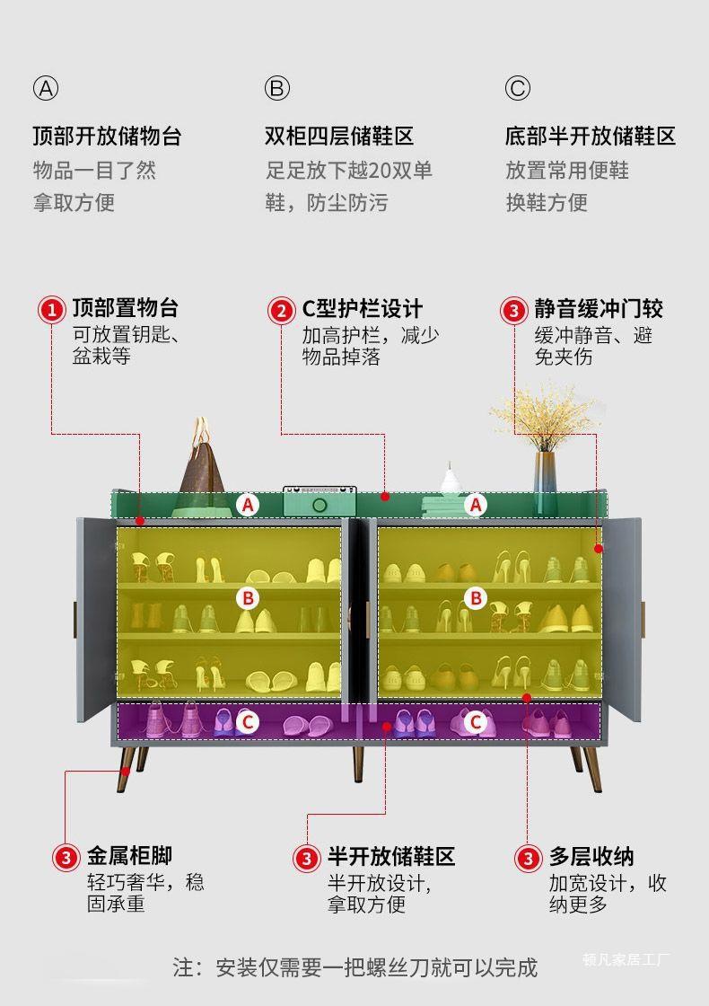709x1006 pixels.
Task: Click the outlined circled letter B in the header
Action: point(277,88)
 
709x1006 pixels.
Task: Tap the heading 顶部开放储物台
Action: point(108,137)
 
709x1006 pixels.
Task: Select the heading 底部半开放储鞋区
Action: point(590,137)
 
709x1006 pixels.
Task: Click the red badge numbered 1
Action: point(51,310)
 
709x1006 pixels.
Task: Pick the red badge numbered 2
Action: point(282,311)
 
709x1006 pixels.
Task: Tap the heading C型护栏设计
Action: point(362,309)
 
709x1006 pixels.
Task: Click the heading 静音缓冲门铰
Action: point(598,309)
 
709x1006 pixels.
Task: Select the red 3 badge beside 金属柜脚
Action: point(66,857)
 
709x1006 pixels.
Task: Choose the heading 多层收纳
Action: point(591,856)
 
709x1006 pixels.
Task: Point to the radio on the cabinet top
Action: point(320,501)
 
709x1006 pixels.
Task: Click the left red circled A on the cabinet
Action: point(249,505)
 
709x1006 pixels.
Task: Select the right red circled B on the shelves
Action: point(476,597)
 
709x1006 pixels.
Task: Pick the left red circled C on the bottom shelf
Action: point(249,720)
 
